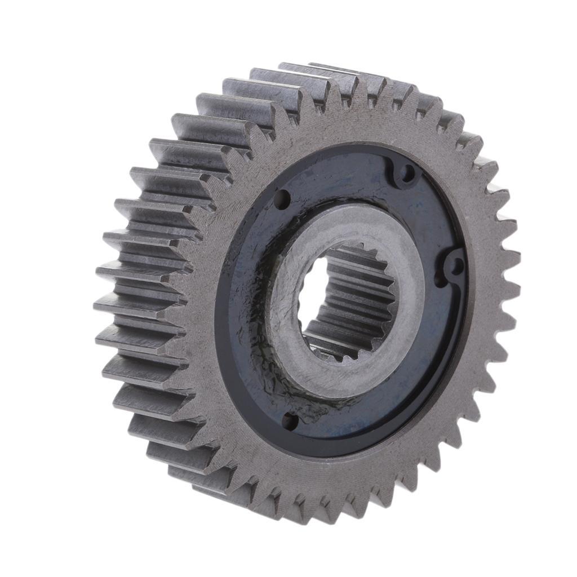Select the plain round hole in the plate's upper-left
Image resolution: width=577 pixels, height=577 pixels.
point(281,198)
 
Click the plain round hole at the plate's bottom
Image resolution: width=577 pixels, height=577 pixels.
point(290,419)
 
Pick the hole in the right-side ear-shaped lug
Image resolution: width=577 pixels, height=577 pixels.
point(456,265)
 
